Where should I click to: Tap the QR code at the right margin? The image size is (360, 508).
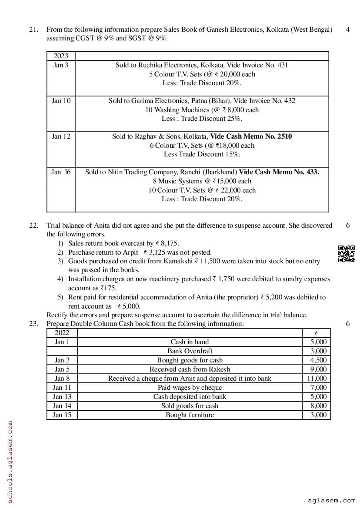click(346, 254)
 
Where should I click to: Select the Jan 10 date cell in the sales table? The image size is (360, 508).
click(61, 101)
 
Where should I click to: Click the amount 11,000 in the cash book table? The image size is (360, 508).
click(317, 379)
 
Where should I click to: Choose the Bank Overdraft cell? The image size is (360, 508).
click(190, 351)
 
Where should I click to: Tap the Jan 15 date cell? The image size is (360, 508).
click(62, 415)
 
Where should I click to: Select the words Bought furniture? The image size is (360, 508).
click(190, 415)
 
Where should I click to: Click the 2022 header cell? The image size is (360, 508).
click(62, 333)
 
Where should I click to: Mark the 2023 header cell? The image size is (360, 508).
click(61, 56)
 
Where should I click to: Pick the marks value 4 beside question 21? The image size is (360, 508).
click(348, 30)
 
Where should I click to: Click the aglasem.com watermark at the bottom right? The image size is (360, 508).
click(331, 501)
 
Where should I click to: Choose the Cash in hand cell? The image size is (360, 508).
click(190, 342)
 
